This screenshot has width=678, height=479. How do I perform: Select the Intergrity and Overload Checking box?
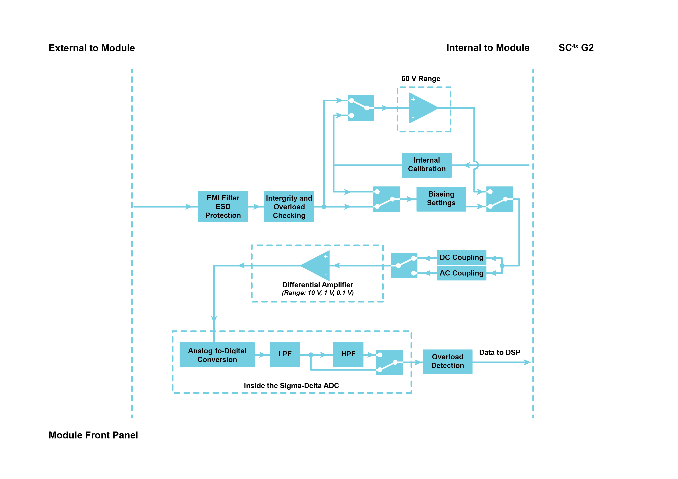[289, 207]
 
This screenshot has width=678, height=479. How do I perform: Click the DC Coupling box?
[461, 258]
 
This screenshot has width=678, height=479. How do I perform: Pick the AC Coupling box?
[461, 273]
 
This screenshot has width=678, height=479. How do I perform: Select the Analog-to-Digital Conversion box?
[217, 355]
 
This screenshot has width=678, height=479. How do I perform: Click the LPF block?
[285, 354]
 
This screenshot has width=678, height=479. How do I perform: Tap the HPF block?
[348, 354]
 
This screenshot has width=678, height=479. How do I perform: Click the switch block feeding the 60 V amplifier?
[361, 108]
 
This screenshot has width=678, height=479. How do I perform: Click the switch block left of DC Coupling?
[404, 265]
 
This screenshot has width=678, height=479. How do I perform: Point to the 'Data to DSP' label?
[499, 353]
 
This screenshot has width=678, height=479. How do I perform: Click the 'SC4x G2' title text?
[576, 48]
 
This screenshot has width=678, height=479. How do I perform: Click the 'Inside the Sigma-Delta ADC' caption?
[291, 386]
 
